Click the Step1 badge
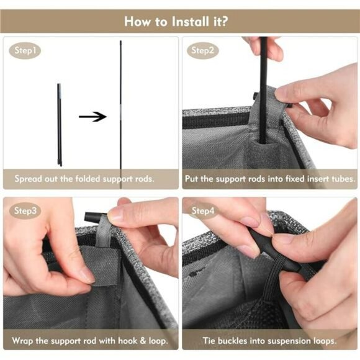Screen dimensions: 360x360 point(25,50)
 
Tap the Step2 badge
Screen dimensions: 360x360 point(202,50)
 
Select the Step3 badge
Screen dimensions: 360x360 point(25,211)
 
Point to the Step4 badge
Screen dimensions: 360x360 point(202,211)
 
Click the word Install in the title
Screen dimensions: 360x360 point(191,21)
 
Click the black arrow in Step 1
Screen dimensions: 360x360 point(92,117)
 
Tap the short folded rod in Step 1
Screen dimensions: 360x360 point(60,125)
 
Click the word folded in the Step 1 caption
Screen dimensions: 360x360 point(88,179)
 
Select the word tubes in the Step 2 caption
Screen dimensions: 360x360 point(343,179)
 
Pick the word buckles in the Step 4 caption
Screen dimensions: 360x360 point(232,341)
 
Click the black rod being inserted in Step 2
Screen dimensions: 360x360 point(264,90)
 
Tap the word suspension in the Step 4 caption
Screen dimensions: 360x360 point(287,341)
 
